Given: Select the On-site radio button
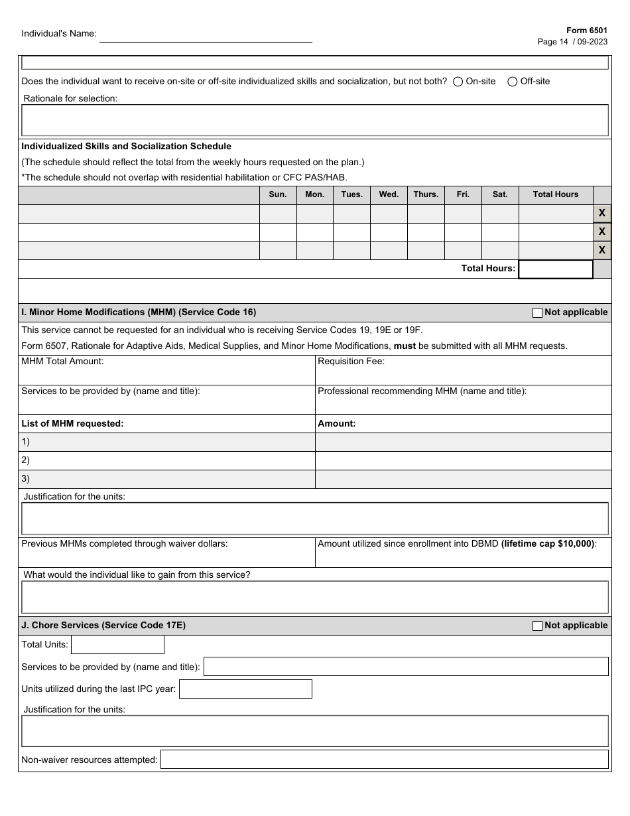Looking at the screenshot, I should click(458, 82).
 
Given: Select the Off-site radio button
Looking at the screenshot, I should click(513, 82).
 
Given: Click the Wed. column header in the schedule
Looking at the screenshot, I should click(389, 194).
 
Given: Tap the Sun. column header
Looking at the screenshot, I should click(278, 194).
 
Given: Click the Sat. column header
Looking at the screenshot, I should click(500, 194).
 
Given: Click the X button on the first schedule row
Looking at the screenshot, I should click(601, 213).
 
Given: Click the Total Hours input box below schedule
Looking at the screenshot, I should click(555, 269).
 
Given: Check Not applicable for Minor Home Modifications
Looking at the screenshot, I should click(538, 312).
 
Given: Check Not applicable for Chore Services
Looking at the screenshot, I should click(538, 626).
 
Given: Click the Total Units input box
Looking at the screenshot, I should click(117, 645).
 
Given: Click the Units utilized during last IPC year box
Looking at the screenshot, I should click(245, 689).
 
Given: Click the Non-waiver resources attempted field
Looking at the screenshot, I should click(384, 760).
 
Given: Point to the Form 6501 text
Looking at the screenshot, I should click(586, 31).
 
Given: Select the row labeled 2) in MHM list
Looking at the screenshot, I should click(166, 460).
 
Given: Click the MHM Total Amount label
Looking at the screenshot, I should click(62, 362).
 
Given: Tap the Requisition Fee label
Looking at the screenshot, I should click(351, 362).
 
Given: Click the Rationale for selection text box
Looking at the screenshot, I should click(315, 120).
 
